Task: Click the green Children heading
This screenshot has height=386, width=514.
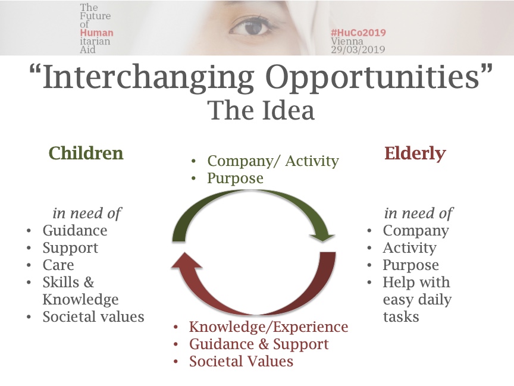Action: click(86, 153)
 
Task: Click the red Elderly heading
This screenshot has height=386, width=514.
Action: click(415, 153)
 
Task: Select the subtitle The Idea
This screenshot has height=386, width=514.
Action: click(261, 111)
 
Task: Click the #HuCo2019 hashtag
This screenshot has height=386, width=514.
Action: click(358, 33)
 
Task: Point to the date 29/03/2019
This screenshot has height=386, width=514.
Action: click(358, 49)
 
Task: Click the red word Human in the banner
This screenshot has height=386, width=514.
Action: click(96, 33)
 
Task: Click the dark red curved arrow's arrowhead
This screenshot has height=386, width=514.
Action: click(186, 261)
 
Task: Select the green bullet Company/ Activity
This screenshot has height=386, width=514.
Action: click(272, 161)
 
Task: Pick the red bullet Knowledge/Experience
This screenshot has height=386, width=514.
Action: click(268, 327)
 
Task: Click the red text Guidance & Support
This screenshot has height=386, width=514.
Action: click(259, 344)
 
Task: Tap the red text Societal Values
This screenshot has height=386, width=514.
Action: click(241, 361)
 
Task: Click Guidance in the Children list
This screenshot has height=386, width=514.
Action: click(75, 230)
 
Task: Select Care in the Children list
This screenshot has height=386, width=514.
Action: click(58, 265)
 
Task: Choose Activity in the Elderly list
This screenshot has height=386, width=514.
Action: click(409, 248)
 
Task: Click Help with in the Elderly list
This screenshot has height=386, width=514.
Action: click(416, 282)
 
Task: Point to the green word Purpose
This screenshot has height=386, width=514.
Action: click(235, 178)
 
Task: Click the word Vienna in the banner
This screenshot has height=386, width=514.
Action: click(347, 41)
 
